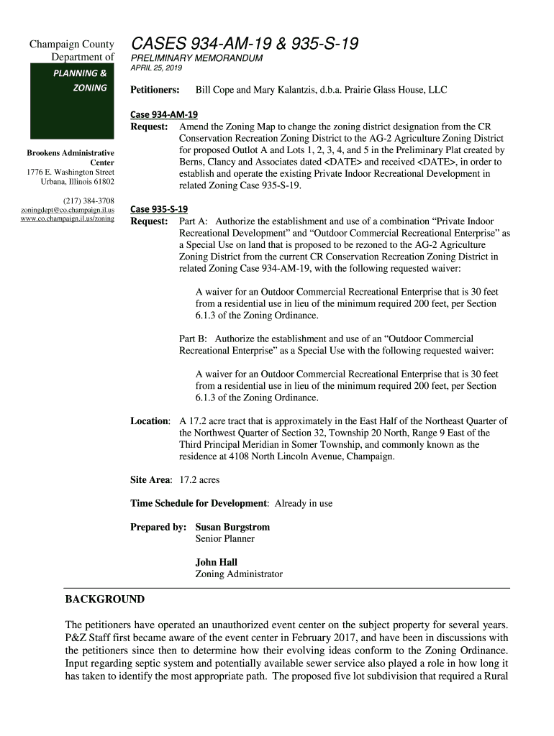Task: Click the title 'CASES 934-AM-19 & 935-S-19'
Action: (x=244, y=44)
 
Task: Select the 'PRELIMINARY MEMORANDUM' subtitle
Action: (x=196, y=58)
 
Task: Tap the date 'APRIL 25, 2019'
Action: (x=156, y=68)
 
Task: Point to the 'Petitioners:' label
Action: (x=155, y=91)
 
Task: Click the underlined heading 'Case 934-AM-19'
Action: (x=163, y=114)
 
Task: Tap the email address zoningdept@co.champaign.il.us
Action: (x=68, y=209)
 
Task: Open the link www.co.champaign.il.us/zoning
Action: (x=68, y=218)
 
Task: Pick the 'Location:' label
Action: (x=150, y=421)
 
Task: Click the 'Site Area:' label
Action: (x=150, y=479)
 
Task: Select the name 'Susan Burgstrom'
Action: (x=232, y=527)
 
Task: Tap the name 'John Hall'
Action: (x=216, y=562)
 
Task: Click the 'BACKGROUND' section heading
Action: (x=104, y=599)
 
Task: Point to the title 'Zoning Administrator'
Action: (x=239, y=574)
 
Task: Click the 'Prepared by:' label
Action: (x=158, y=527)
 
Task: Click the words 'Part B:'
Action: (x=193, y=339)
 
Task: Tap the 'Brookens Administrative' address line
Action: (x=71, y=153)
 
